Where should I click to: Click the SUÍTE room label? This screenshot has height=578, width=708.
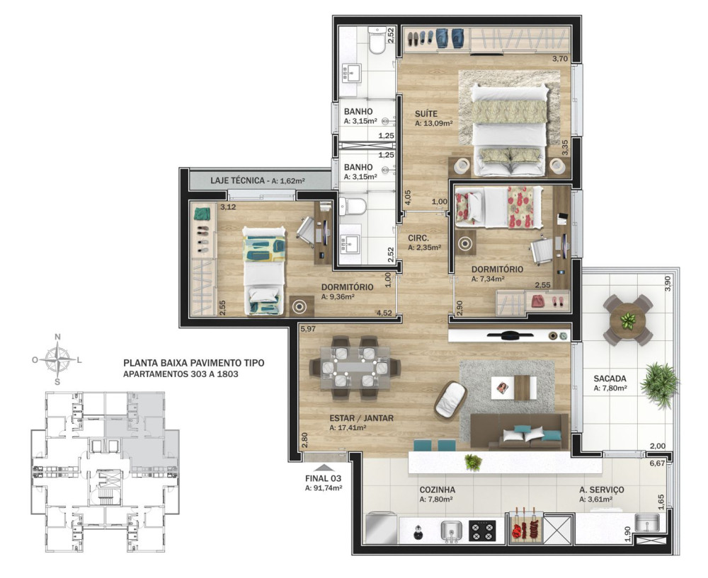pos(426,114)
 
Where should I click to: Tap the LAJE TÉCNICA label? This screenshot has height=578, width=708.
pos(237,180)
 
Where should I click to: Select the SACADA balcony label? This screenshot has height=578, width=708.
pos(610,378)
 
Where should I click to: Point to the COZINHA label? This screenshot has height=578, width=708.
pos(437,490)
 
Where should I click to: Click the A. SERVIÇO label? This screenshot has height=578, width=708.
pos(601,490)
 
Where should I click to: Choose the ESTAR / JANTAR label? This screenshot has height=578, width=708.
pos(361,418)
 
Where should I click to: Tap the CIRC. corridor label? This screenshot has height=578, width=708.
pos(418,238)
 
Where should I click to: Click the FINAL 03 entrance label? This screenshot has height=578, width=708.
pos(324,479)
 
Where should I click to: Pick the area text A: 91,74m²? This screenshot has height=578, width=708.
pos(324,487)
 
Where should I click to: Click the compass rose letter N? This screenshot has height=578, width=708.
pos(57,337)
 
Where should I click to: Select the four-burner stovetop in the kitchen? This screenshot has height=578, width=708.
pos(482,531)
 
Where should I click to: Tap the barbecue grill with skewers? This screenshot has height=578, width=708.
pos(525,528)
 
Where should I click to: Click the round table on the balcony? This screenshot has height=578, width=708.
pos(627,320)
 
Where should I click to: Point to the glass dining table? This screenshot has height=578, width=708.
pos(355,368)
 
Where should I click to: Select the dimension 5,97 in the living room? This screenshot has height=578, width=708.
pos(308,329)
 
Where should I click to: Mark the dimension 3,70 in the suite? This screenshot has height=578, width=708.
pos(560,58)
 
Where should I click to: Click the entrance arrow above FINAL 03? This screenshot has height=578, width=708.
pos(324,468)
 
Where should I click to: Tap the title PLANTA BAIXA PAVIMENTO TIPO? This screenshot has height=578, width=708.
pos(194,363)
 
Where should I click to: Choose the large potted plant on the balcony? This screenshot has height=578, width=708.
pos(659,384)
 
